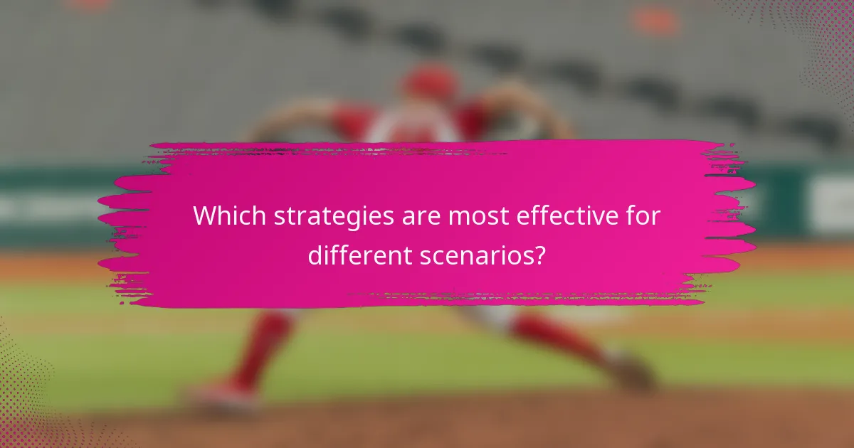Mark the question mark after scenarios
(x=540, y=255)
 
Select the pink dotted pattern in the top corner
(x=818, y=43)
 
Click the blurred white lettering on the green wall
(x=43, y=206)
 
